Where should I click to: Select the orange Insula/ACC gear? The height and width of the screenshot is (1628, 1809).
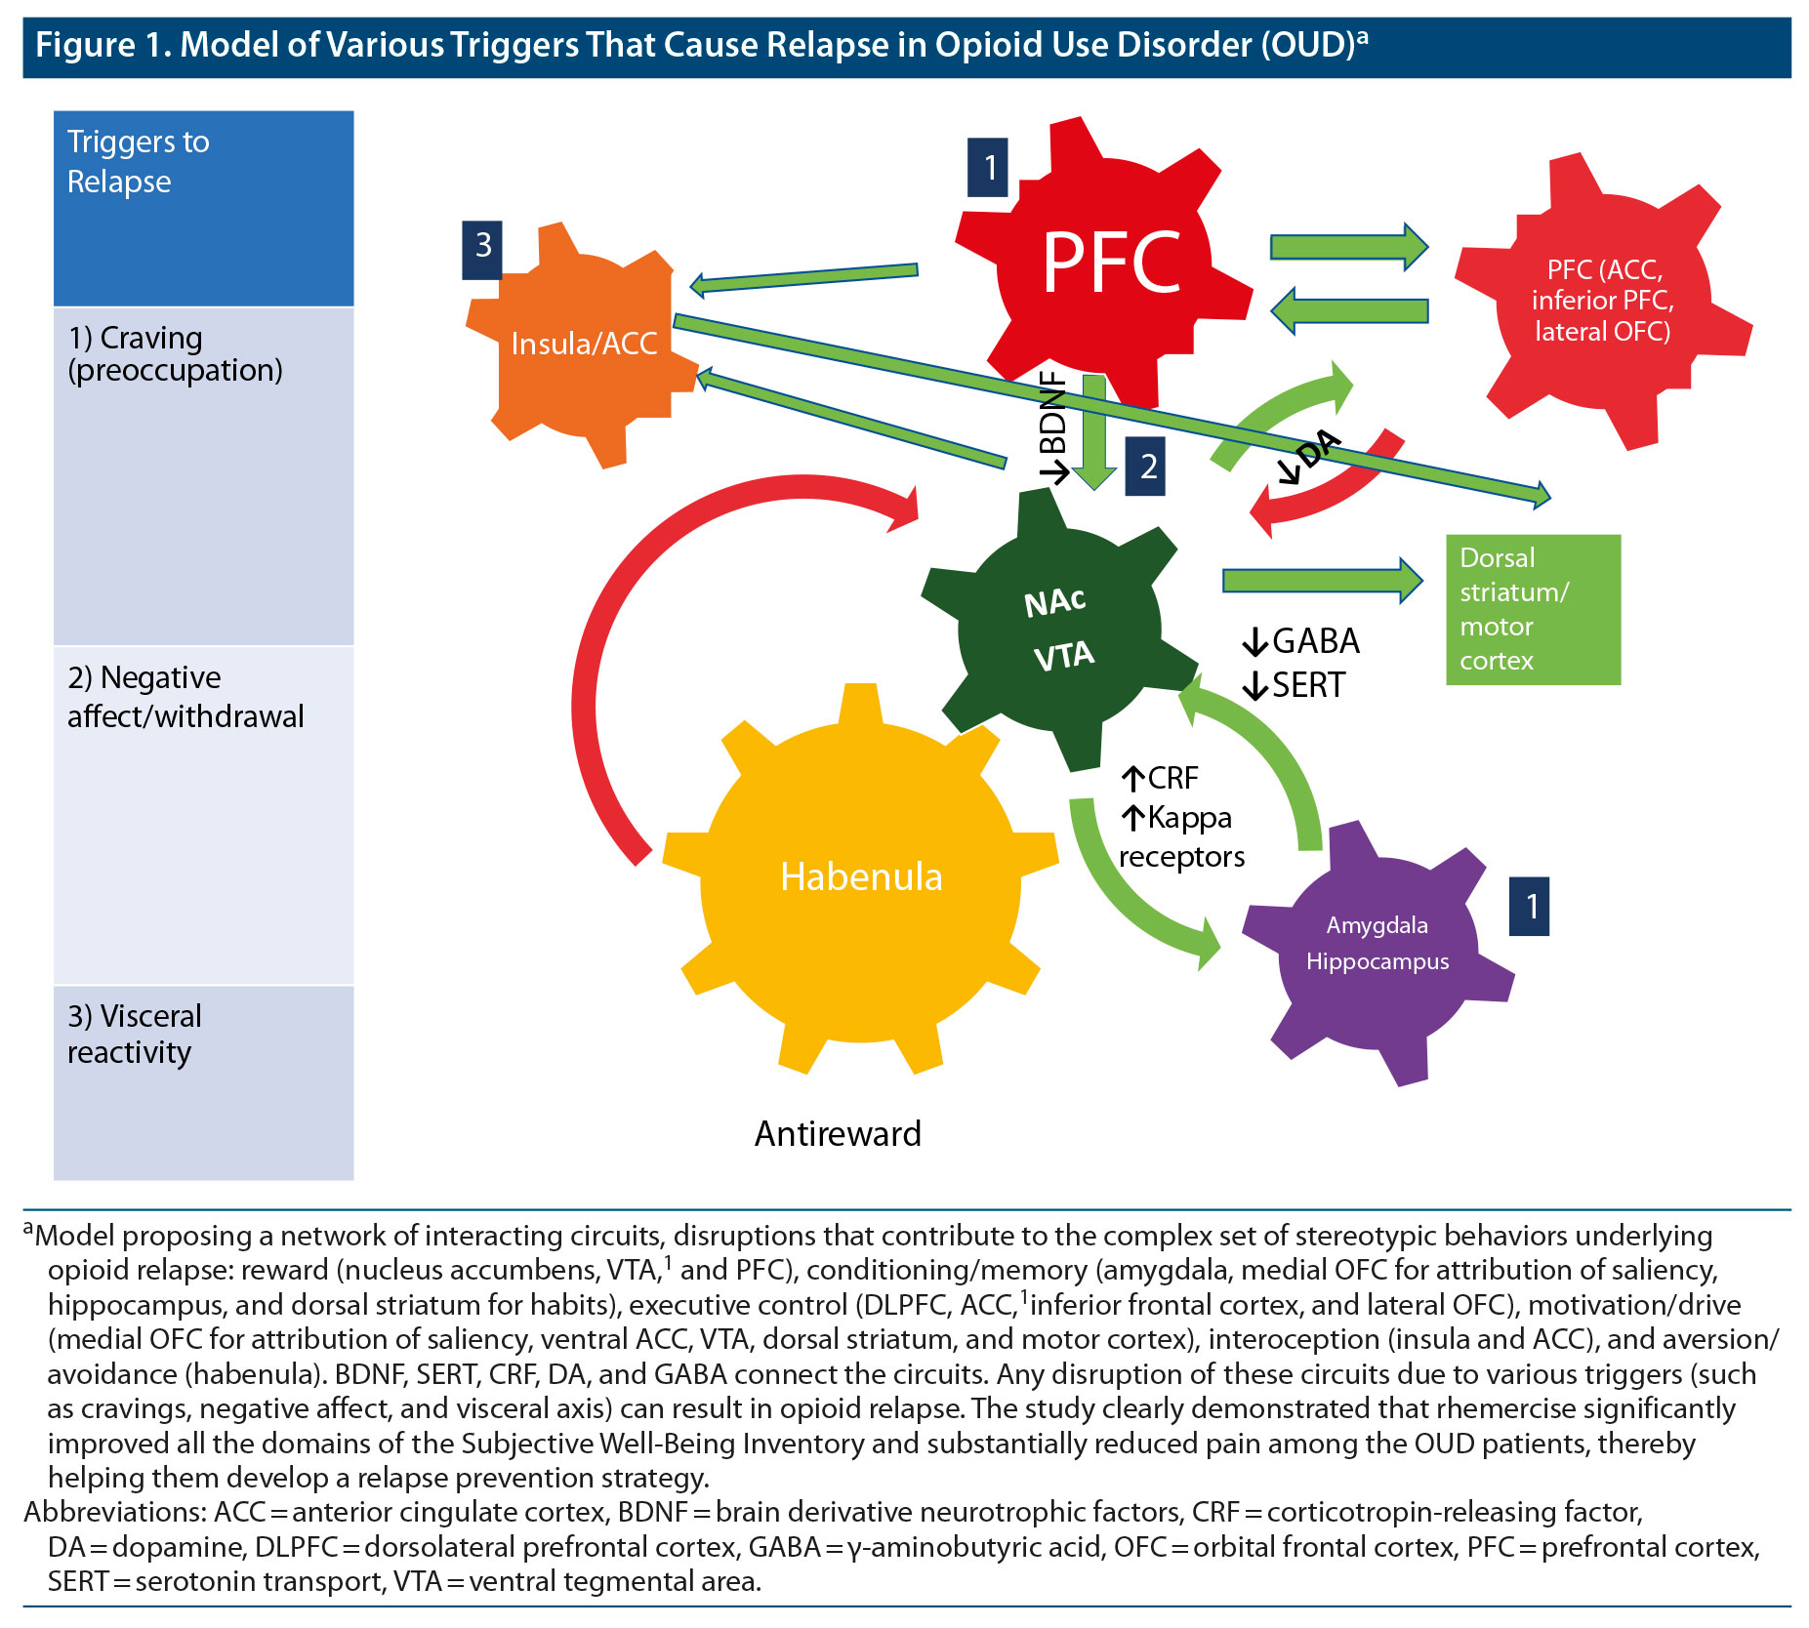click(x=584, y=344)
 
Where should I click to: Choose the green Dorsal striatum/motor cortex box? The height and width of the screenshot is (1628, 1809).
click(x=1532, y=609)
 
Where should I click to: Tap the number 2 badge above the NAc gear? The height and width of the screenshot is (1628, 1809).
click(x=1146, y=467)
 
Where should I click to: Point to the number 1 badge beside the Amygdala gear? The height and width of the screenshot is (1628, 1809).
click(x=1529, y=907)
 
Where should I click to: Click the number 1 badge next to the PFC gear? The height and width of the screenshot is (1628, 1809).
click(x=988, y=168)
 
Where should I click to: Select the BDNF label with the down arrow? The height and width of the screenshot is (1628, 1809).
click(x=1053, y=427)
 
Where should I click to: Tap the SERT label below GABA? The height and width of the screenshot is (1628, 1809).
click(x=1295, y=685)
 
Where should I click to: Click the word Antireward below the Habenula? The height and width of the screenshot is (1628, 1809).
click(x=838, y=1133)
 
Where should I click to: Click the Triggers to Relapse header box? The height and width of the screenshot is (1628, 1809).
click(x=203, y=208)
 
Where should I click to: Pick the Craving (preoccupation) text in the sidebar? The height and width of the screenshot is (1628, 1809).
click(x=175, y=353)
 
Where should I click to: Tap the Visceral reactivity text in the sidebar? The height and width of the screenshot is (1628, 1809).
click(x=134, y=1034)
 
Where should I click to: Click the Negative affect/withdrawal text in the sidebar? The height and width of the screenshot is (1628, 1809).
click(x=185, y=697)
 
